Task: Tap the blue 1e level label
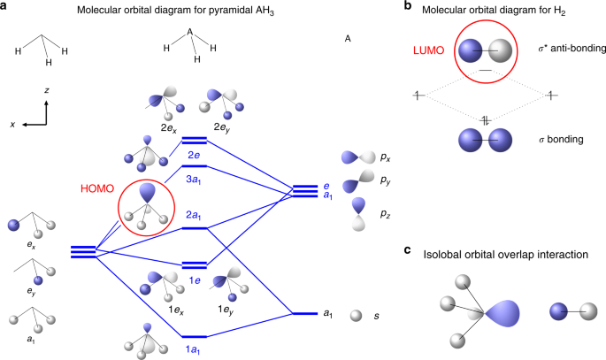tap(195, 279)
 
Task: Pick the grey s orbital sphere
tap(356, 314)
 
